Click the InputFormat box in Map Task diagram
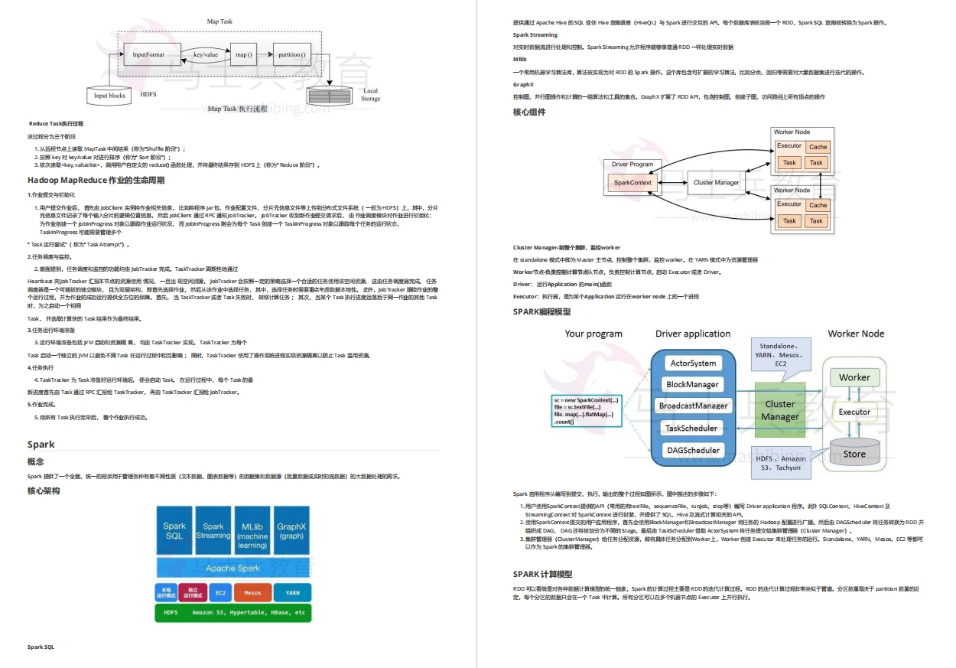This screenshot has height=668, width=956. tap(148, 55)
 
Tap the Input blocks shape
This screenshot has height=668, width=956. tap(109, 96)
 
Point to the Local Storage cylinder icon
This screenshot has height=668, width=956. tap(329, 96)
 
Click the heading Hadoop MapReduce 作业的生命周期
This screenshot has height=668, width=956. tap(96, 181)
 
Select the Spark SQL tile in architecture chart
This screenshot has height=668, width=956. tap(174, 530)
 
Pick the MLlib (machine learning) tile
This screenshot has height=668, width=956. tap(252, 530)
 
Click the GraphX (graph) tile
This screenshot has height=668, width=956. tap(291, 530)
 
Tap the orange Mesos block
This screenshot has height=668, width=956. tap(252, 592)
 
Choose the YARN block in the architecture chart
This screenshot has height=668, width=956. tap(292, 592)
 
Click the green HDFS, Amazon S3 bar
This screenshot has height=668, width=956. tap(233, 612)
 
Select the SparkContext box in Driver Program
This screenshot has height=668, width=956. tap(632, 182)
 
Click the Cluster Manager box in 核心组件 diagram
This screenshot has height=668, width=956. tap(716, 182)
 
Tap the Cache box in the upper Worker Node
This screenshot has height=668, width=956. tap(818, 147)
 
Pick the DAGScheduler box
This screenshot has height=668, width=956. tap(692, 450)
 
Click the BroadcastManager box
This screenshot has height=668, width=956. tap(692, 406)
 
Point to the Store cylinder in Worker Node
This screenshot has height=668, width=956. tap(854, 453)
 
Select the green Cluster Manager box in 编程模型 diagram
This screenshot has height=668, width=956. tap(780, 410)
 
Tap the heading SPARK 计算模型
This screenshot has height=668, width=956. tap(542, 574)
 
